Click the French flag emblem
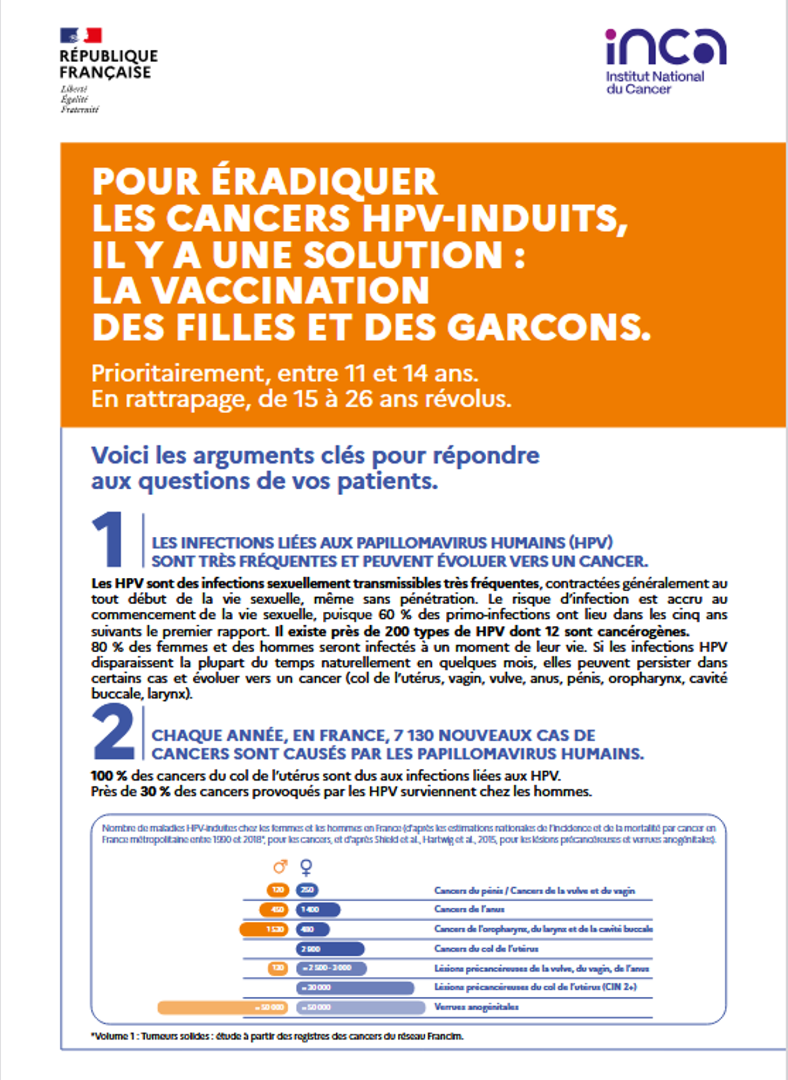click(81, 36)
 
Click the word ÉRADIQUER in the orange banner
click(324, 181)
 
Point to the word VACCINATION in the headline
click(290, 291)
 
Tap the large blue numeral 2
click(113, 732)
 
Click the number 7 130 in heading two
click(412, 735)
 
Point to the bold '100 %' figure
click(108, 776)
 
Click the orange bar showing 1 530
click(264, 929)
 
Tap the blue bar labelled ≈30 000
click(355, 988)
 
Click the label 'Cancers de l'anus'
click(469, 909)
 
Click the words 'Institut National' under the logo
click(655, 77)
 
